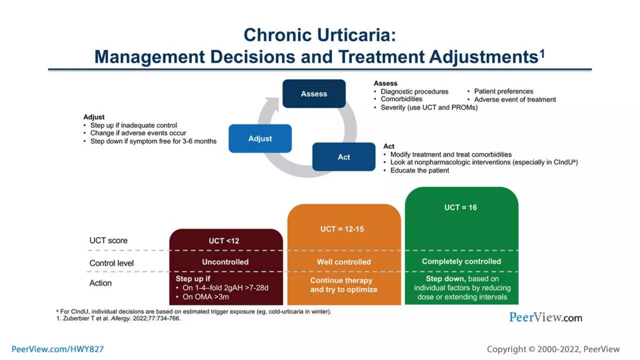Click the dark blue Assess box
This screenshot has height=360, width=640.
coord(314,94)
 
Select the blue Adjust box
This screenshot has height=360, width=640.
coord(260,138)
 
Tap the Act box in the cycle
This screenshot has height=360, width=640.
coord(344,157)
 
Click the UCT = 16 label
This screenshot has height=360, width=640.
coord(461,207)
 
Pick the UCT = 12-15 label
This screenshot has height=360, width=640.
coord(342,229)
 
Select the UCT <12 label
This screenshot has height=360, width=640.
coord(224,241)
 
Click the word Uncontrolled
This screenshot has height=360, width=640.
coord(225,262)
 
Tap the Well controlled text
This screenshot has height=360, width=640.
coord(344,262)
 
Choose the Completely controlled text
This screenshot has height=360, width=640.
coord(461,262)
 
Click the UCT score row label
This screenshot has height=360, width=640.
coord(108,241)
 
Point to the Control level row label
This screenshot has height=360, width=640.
coord(112,263)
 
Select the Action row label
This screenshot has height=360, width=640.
coord(101,283)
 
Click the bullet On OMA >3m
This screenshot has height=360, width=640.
coord(206,297)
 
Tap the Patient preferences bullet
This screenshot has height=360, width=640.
coord(503,91)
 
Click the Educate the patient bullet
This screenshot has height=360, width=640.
coord(419,171)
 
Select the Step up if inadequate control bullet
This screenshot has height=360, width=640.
coord(133,125)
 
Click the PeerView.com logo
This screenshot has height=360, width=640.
coord(546,317)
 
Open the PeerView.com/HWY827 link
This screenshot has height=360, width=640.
coord(57,349)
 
